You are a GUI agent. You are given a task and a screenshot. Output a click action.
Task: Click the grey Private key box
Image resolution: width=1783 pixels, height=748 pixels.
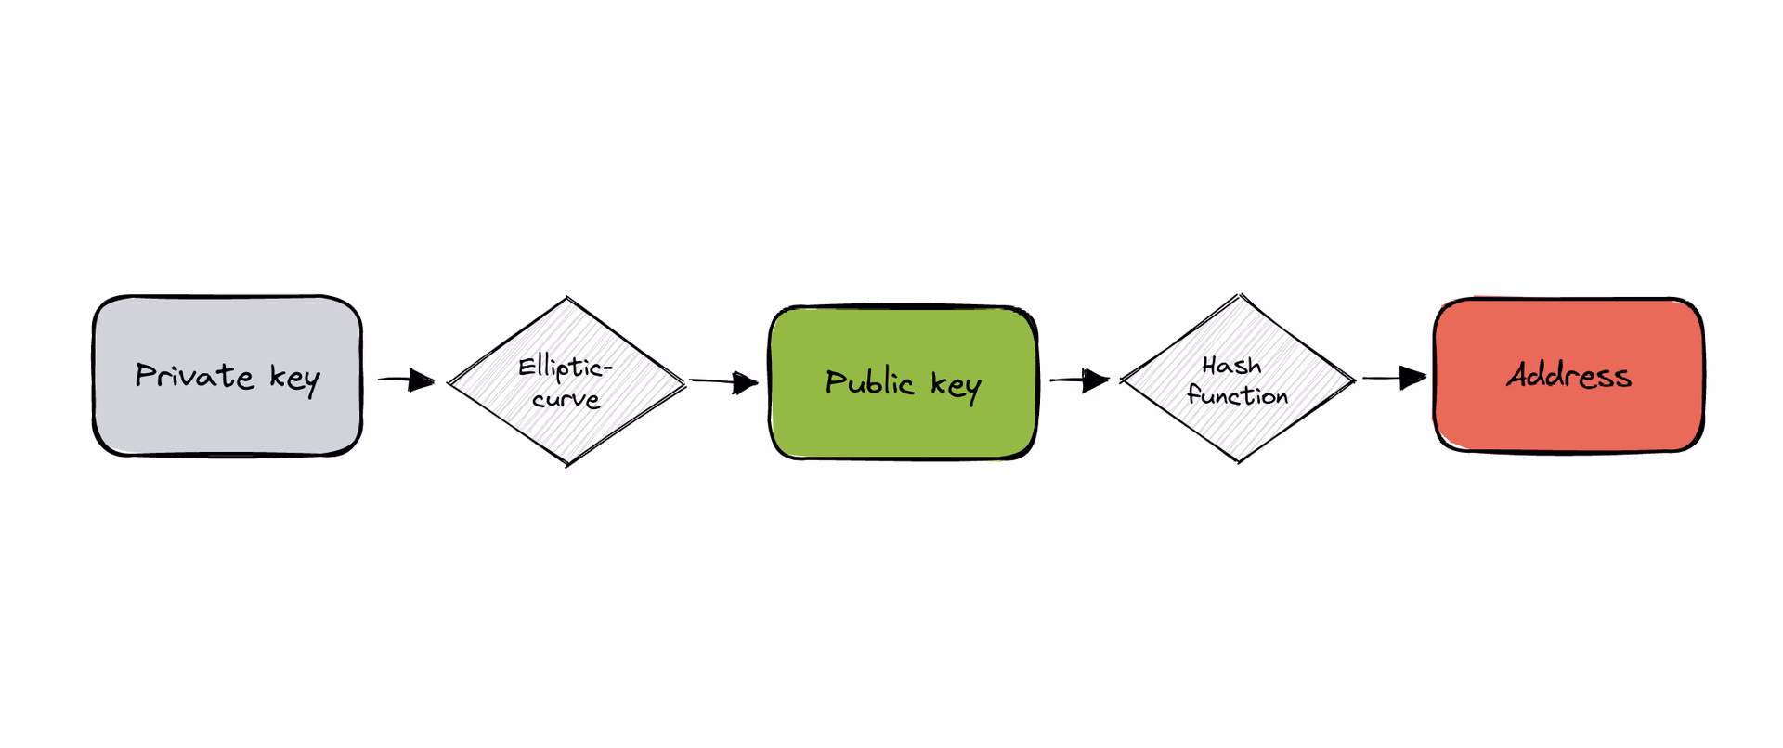coord(227,418)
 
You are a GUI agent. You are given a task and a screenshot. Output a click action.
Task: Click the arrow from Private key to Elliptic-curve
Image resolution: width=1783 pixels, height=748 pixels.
coord(406,380)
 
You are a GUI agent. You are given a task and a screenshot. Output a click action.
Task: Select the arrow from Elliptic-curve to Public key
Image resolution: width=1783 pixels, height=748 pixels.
coord(723,381)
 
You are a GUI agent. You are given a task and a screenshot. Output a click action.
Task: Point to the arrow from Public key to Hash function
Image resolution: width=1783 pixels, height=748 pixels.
coord(1079,380)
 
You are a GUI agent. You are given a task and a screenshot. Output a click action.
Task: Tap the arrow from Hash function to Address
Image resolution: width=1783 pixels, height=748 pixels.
coord(1394,378)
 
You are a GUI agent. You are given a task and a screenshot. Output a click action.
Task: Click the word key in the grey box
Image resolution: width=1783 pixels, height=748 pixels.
coord(294,379)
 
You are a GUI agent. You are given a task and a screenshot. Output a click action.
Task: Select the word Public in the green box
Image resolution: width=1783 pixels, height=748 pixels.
coord(870,382)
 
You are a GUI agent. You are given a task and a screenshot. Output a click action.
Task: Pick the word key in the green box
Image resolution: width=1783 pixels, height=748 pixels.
coord(956,385)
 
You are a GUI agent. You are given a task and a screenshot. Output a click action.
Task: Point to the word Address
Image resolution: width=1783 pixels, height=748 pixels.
coord(1568,375)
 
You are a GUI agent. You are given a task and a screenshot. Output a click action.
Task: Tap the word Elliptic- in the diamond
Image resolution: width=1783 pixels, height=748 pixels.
coord(565,368)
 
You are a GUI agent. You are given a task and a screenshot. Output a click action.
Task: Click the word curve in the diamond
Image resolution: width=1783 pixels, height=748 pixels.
coord(566,399)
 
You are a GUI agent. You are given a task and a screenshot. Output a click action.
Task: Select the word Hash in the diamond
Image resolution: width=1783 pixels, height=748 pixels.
coord(1231,365)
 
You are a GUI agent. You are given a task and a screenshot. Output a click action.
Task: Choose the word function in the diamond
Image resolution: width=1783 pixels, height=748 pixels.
coord(1237,396)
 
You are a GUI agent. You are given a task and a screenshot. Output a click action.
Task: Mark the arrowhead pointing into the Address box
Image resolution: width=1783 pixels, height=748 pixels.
coord(1413,378)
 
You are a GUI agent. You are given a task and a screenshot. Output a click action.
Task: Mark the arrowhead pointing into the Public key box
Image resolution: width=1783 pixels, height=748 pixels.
coord(746,382)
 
